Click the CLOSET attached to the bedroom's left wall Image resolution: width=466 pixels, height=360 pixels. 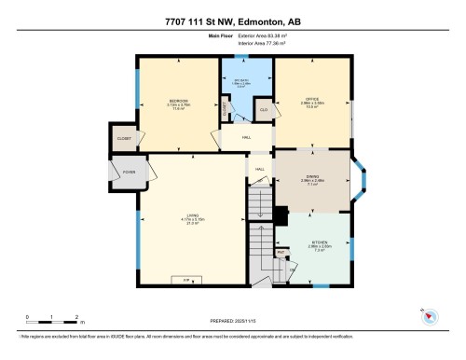(x=124, y=137)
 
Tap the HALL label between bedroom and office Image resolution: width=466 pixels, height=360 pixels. (x=246, y=138)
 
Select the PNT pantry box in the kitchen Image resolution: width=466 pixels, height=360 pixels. (x=281, y=252)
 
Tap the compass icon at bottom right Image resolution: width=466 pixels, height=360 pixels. (x=430, y=315)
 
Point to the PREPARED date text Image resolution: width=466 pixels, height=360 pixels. (x=234, y=316)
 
